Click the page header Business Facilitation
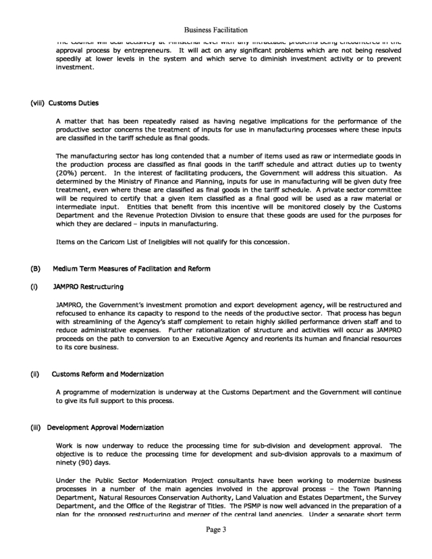click(x=216, y=30)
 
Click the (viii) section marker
click(x=38, y=103)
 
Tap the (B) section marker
click(x=36, y=269)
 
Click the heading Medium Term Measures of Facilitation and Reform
click(x=132, y=269)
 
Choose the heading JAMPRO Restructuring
click(x=88, y=287)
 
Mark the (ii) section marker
click(x=36, y=374)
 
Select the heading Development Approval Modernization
click(x=106, y=427)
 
